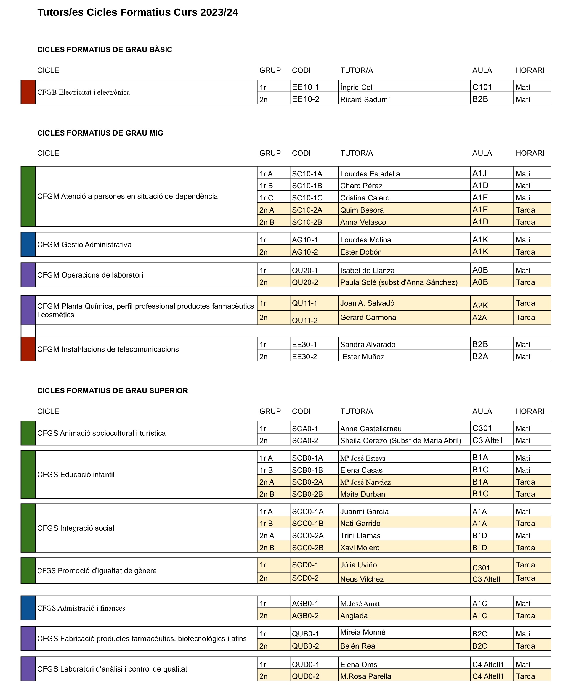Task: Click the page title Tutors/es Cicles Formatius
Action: (137, 12)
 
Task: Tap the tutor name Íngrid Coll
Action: (357, 87)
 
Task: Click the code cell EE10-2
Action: (306, 99)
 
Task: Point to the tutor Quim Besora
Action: (362, 210)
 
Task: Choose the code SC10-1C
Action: (307, 198)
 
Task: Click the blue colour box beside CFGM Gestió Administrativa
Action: (28, 244)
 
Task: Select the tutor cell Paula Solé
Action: (399, 282)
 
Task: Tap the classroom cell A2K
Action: (480, 306)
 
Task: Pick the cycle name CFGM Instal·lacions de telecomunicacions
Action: (108, 349)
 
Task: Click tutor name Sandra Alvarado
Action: (368, 345)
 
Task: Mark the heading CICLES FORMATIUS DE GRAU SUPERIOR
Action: (113, 391)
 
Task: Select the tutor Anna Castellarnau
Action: (371, 429)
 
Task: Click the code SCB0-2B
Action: (307, 494)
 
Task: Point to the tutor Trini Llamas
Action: (360, 535)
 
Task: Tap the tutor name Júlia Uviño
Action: (358, 565)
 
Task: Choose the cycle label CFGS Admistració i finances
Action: (81, 608)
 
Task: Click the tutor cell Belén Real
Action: (358, 646)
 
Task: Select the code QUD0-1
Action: (306, 664)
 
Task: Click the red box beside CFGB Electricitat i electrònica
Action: (28, 92)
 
